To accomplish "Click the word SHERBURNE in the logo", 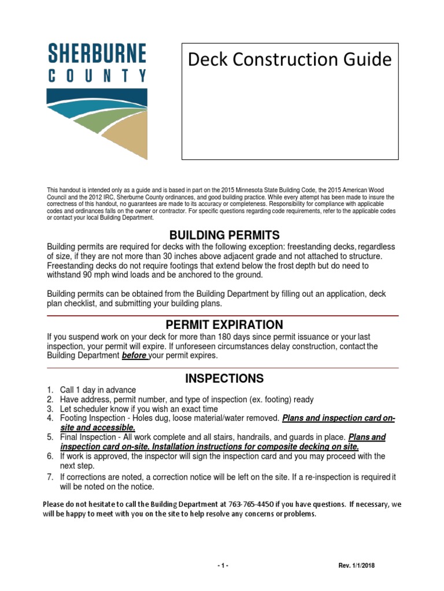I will coord(97,54).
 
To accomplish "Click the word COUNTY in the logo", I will coord(97,76).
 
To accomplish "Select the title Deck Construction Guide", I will coord(290,59).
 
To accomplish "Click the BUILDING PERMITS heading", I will coord(224,235).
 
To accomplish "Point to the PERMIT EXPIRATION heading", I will coord(224,324).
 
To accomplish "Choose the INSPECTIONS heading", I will coord(224,379).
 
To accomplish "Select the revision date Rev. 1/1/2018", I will coord(357,566).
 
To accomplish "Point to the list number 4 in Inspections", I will coord(50,418).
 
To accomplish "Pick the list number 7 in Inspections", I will coord(50,477).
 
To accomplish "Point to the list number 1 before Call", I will coord(50,390).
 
